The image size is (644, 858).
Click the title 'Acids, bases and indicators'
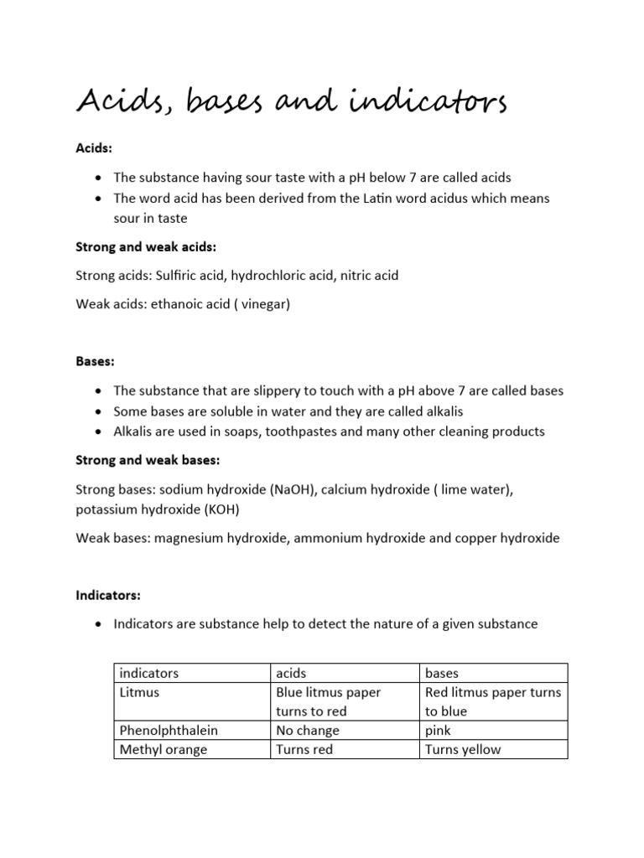291,102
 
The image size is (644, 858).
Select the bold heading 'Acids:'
94,147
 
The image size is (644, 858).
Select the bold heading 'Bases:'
95,361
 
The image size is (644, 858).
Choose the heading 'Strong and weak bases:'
148,460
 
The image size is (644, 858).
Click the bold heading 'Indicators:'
108,595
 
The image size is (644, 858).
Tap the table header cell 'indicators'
149,673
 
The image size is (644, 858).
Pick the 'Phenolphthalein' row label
169,730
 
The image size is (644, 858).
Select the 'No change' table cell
308,730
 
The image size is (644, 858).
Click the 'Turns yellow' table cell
463,749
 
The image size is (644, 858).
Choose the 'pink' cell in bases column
439,730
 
